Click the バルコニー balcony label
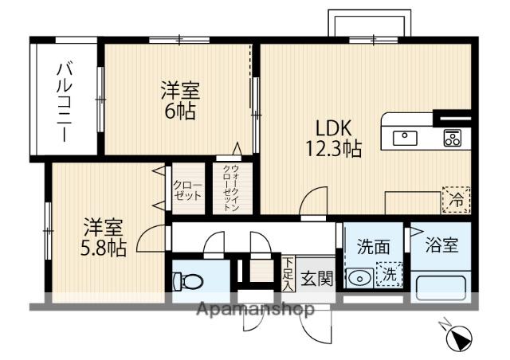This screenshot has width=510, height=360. click(65, 101)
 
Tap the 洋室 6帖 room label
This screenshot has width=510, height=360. click(180, 101)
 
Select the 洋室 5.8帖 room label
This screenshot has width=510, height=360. click(103, 237)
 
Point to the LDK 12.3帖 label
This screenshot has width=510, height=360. click(333, 139)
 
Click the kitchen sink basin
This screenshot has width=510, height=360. click(405, 139)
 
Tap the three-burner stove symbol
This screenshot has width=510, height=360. click(452, 138)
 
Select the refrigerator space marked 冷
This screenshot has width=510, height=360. click(456, 200)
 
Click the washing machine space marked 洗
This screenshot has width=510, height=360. click(389, 274)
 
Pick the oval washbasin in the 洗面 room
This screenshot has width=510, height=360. click(359, 279)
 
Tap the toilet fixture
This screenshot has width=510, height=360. click(188, 280)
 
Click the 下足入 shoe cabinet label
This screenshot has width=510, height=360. click(288, 274)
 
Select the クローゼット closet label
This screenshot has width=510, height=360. click(188, 190)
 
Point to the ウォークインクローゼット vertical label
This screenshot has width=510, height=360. click(231, 188)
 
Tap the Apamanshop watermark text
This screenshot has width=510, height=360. click(255, 309)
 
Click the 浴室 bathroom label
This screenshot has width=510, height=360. click(441, 245)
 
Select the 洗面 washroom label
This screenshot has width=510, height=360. click(373, 247)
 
